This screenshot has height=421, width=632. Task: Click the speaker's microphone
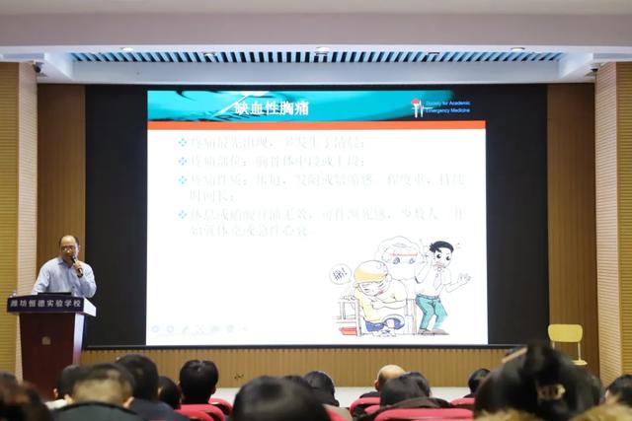(75, 263)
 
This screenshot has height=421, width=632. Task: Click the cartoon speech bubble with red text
(340, 272)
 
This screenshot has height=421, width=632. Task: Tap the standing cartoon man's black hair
(440, 247)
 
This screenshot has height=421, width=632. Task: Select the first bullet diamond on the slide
(182, 142)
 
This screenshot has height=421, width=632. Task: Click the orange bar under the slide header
(316, 125)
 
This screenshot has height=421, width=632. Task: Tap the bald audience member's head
(388, 376)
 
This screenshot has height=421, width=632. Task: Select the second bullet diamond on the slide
(182, 160)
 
